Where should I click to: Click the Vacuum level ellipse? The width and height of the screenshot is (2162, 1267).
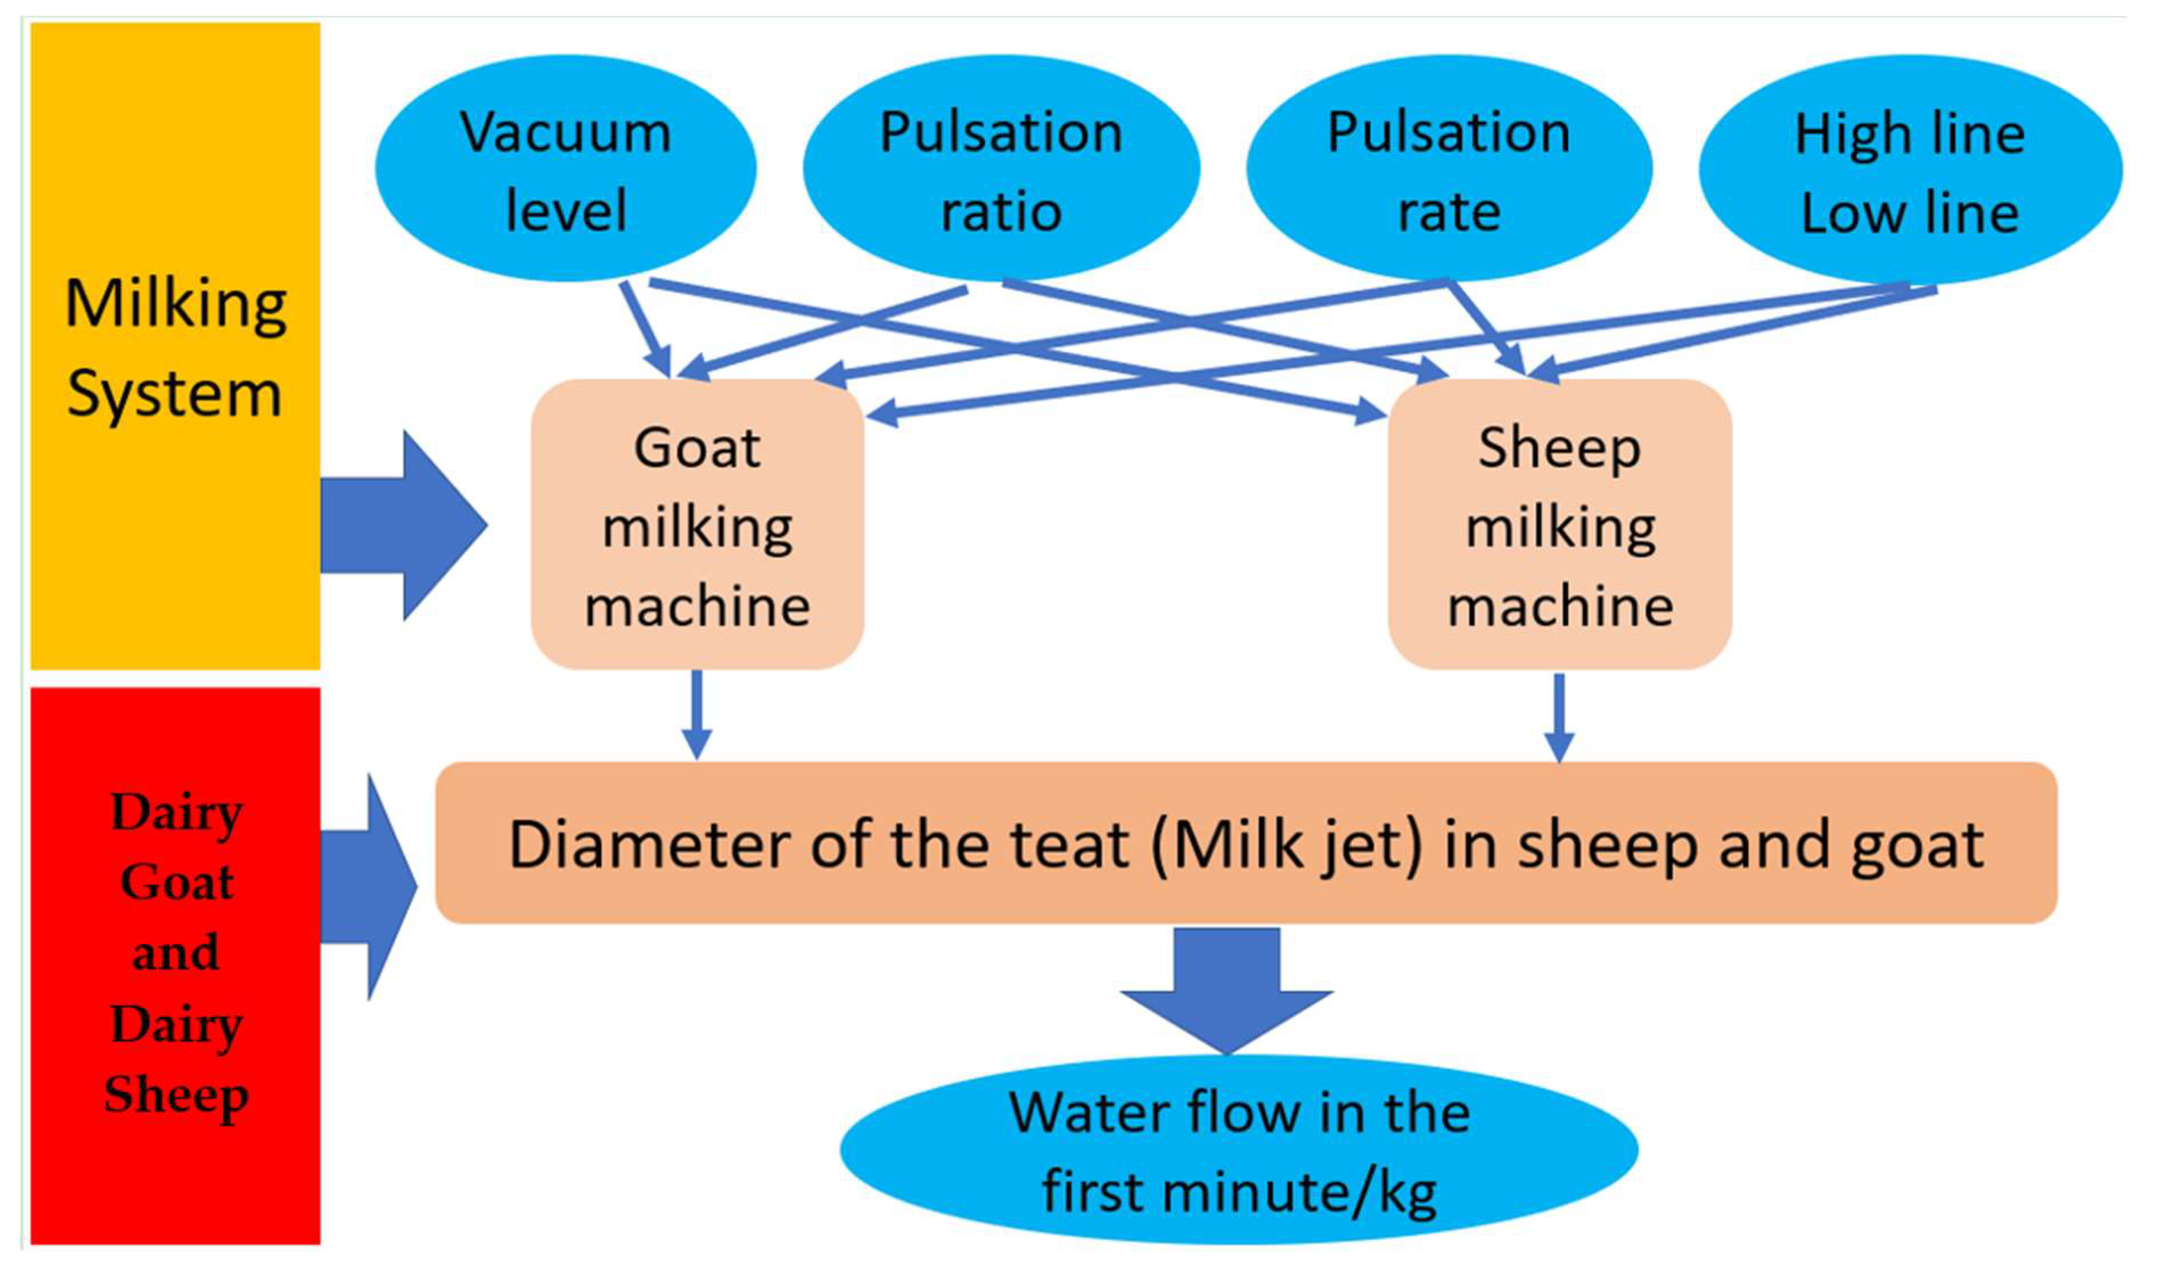[565, 169]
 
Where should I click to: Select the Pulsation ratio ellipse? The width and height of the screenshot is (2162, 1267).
[1001, 169]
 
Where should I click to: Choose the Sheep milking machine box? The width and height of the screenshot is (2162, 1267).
[1560, 525]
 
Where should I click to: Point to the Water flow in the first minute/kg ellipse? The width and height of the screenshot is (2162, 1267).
[1239, 1150]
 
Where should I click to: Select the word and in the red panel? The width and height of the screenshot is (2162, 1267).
[176, 953]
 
